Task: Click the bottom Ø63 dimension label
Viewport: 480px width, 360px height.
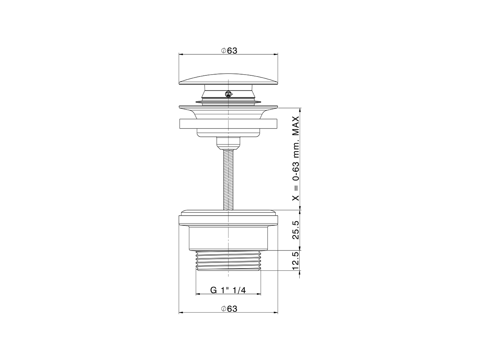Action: click(229, 309)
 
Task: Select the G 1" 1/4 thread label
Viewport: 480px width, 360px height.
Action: click(228, 290)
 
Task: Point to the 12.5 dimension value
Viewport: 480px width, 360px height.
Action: click(295, 260)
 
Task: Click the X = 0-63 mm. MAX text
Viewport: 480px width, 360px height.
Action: click(296, 159)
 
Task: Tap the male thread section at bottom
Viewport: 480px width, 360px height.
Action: click(228, 260)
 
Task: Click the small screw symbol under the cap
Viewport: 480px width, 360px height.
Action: click(228, 94)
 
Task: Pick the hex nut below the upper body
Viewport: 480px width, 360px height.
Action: click(228, 143)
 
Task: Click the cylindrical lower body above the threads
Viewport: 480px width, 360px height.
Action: click(228, 236)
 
